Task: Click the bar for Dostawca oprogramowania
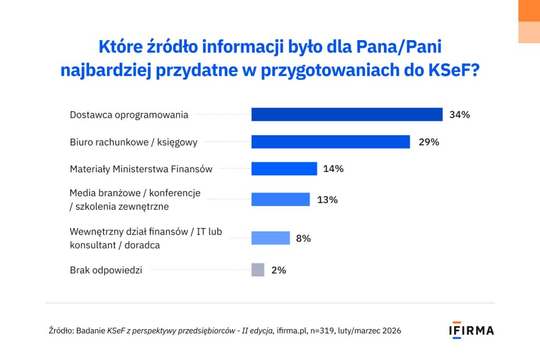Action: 346,114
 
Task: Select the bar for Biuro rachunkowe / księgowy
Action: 330,142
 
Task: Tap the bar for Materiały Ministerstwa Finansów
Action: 284,169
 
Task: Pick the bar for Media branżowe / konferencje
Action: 280,199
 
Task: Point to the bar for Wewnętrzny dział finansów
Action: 271,238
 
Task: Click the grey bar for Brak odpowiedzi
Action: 258,270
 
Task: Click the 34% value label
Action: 459,114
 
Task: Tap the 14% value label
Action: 333,169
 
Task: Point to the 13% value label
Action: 327,200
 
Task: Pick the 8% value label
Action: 303,238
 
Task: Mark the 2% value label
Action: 278,270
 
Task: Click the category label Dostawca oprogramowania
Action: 129,114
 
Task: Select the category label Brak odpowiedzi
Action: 106,270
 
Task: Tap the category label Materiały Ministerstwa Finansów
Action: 141,169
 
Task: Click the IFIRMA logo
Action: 471,330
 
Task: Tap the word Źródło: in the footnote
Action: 61,331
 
